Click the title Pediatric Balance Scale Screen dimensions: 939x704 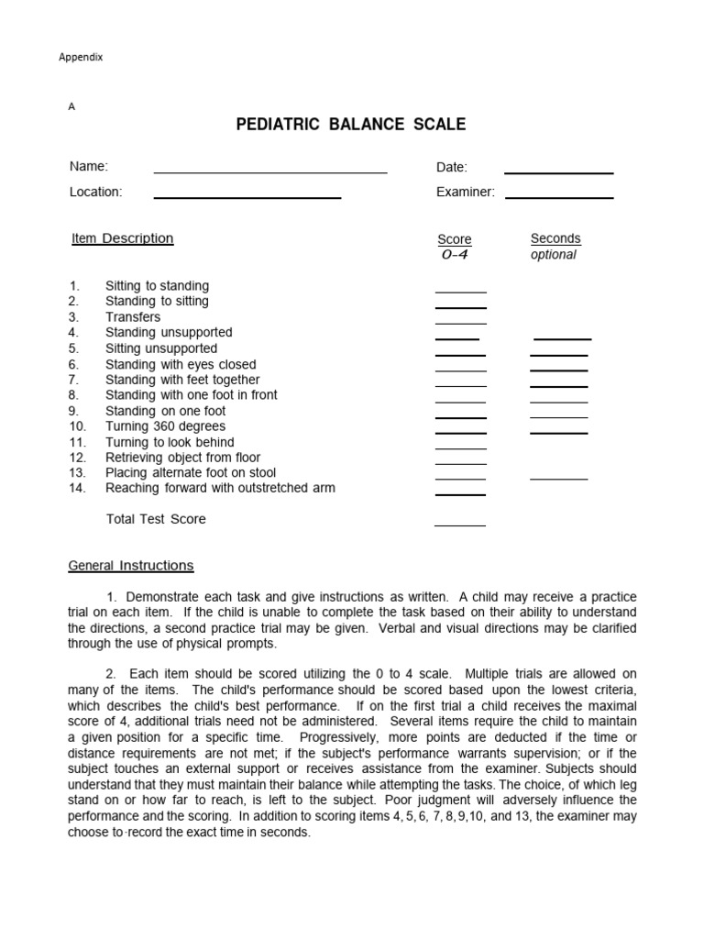(x=351, y=125)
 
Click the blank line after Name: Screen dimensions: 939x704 (x=270, y=171)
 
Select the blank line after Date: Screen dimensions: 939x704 (x=558, y=171)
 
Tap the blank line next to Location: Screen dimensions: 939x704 (x=247, y=196)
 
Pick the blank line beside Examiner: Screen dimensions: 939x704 (x=559, y=196)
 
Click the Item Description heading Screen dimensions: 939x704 (x=123, y=238)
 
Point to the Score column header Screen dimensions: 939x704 (x=455, y=239)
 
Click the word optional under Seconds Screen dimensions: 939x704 (x=554, y=255)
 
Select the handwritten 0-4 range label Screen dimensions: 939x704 (x=455, y=255)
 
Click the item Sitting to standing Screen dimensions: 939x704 (x=157, y=286)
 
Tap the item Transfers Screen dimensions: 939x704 (x=133, y=317)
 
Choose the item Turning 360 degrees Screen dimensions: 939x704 (x=165, y=426)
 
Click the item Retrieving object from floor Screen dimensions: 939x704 (x=182, y=458)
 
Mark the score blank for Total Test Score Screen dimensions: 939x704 (x=460, y=525)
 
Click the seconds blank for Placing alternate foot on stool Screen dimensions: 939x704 (x=559, y=478)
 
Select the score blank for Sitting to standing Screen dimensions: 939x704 (x=460, y=291)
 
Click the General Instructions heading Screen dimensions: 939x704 (x=131, y=566)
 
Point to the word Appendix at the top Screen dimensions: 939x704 (x=81, y=57)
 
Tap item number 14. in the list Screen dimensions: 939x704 (x=77, y=489)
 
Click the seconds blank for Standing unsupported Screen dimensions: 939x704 (x=562, y=337)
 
